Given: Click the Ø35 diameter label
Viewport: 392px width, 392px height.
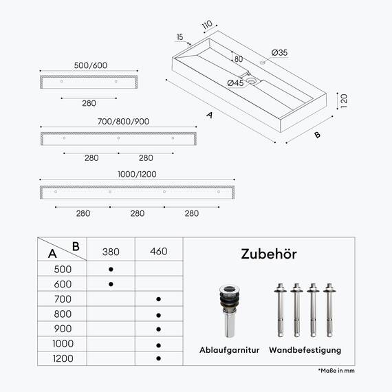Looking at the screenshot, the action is click(279, 53).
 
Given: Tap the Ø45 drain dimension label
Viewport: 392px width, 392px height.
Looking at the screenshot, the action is click(235, 83).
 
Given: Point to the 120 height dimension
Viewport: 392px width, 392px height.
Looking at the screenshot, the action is click(344, 101).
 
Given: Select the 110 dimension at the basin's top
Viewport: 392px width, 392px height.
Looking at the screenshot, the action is click(207, 25).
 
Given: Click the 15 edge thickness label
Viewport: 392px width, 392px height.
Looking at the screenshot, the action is click(180, 37).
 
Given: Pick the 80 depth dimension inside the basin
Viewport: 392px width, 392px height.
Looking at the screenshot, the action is click(239, 59).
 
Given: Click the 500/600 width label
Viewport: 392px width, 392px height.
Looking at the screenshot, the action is click(91, 65).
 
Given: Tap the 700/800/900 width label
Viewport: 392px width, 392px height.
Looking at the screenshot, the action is click(123, 122).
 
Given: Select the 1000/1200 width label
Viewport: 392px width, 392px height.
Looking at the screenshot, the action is click(137, 174).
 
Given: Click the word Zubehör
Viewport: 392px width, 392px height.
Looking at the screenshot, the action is click(269, 254).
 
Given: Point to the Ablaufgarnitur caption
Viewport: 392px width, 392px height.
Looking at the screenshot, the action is click(229, 350).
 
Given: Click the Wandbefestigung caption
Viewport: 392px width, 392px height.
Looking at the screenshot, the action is click(305, 350).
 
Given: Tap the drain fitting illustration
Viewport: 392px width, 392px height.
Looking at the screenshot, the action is click(230, 311).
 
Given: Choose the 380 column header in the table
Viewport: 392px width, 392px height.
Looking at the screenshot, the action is click(111, 252).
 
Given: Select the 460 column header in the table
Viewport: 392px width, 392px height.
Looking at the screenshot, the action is click(159, 251).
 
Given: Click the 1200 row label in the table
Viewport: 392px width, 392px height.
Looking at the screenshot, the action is click(63, 358).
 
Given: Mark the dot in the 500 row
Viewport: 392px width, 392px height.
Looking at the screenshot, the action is click(111, 270).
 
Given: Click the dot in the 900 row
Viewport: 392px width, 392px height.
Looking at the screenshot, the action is click(158, 329).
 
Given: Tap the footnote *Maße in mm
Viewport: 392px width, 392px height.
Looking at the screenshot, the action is click(336, 371).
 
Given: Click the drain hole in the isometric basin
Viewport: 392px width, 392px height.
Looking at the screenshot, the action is click(250, 80).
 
